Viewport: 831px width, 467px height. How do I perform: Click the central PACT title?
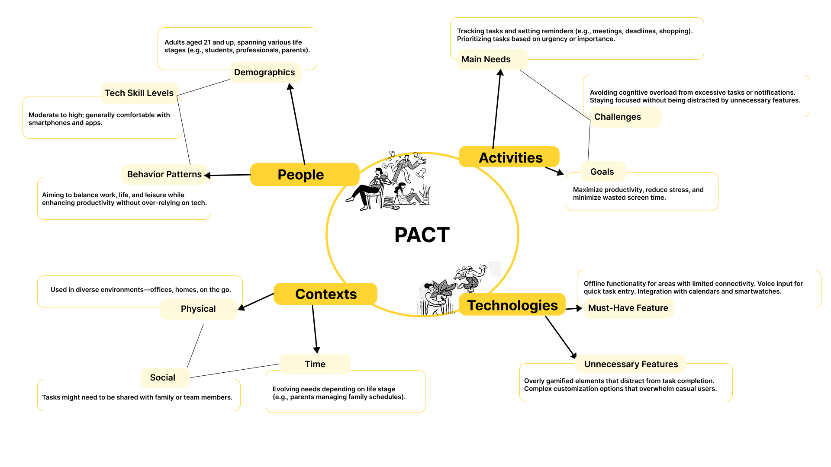coord(422,235)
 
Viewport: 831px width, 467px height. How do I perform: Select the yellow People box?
coord(305,175)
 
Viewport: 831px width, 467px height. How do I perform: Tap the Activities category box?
coord(509,157)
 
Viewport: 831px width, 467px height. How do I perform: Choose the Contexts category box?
coord(325,294)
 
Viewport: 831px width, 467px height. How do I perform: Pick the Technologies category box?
coord(512,305)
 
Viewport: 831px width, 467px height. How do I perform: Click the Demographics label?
coord(265,73)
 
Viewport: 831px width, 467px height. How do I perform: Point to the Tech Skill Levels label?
coord(139,93)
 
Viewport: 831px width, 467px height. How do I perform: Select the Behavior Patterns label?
coord(164,175)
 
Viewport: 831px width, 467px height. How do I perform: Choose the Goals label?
coord(602,172)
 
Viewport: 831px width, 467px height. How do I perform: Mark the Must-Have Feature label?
coord(628,308)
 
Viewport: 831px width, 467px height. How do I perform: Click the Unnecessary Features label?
coord(631,364)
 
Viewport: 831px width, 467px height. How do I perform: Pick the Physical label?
coord(198,309)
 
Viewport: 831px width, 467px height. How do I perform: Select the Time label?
coord(315,364)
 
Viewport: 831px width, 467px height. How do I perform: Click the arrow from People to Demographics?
coord(297,124)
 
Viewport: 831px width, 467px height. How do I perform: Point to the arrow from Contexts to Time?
coord(315,329)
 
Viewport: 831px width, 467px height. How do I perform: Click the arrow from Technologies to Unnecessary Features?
coord(561,338)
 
